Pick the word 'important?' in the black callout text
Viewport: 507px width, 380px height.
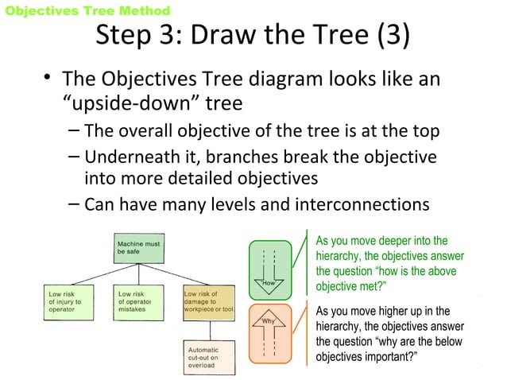pyautogui.click(x=387, y=356)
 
